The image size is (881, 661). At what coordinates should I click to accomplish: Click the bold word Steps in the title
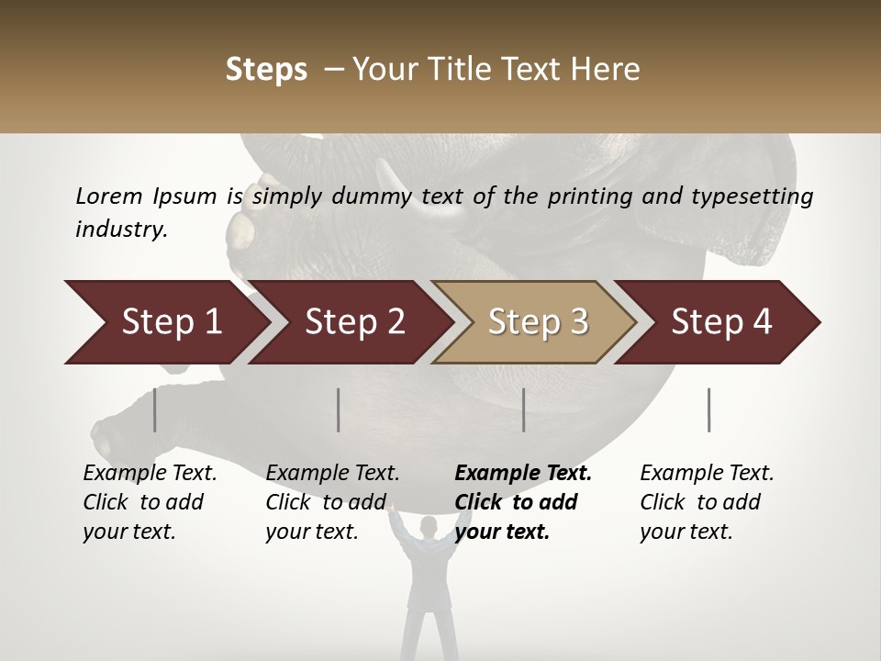[266, 70]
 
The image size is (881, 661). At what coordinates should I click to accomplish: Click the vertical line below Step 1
[155, 409]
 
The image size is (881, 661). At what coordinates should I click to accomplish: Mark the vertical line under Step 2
[339, 409]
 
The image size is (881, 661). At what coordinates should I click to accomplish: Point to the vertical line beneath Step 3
[524, 409]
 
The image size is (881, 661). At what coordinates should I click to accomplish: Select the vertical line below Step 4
[709, 409]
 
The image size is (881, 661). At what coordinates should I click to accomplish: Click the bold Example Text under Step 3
[523, 474]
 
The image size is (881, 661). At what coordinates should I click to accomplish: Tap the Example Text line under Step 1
[150, 474]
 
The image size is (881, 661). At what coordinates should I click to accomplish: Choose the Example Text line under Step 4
[707, 474]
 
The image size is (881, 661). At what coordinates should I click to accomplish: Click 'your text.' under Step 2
[311, 532]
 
